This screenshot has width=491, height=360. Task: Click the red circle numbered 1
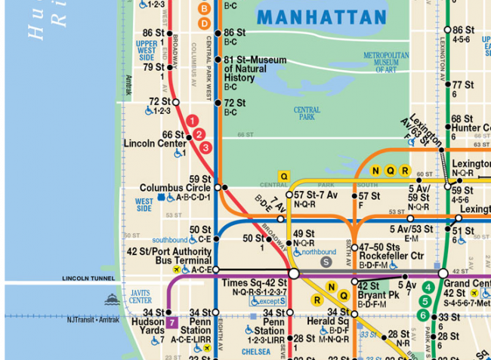[x=192, y=120]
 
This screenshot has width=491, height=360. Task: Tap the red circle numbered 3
[x=205, y=147]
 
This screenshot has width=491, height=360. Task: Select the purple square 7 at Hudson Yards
[x=172, y=324]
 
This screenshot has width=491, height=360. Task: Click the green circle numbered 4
[x=428, y=287]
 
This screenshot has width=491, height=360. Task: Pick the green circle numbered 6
[x=424, y=315]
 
